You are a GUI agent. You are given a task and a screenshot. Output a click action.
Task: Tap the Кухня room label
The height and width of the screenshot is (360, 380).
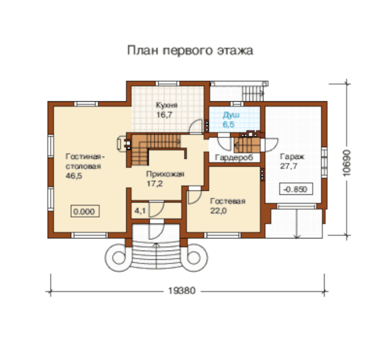pyautogui.click(x=167, y=105)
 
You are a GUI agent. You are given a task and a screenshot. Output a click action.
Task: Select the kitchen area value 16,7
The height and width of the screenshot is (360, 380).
pyautogui.click(x=164, y=115)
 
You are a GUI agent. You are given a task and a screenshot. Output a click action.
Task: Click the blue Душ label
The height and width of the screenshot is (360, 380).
pyautogui.click(x=231, y=115)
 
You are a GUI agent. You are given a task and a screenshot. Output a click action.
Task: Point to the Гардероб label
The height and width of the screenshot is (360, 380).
pyautogui.click(x=234, y=157)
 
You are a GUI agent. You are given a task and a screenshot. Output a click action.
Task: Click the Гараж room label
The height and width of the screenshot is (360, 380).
pyautogui.click(x=292, y=157)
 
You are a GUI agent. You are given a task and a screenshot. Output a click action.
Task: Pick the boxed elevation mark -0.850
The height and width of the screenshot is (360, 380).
pyautogui.click(x=296, y=189)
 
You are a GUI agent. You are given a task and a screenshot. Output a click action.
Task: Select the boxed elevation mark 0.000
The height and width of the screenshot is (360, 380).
pyautogui.click(x=85, y=211)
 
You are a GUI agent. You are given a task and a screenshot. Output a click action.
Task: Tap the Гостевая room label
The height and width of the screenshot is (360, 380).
pyautogui.click(x=227, y=201)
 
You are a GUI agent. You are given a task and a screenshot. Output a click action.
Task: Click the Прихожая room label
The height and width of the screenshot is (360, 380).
pyautogui.click(x=165, y=174)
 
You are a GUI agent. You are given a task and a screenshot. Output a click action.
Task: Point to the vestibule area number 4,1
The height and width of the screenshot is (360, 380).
pyautogui.click(x=140, y=211)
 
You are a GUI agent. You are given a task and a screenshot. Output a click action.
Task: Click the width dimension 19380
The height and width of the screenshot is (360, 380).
pyautogui.click(x=182, y=290)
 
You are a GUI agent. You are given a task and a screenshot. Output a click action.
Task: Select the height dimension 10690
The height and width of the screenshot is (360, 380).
pyautogui.click(x=347, y=163)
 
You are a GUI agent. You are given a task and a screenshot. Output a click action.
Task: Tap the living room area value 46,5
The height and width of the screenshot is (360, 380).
pyautogui.click(x=74, y=176)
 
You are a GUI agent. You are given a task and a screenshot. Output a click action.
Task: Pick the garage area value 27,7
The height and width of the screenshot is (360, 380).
pyautogui.click(x=289, y=166)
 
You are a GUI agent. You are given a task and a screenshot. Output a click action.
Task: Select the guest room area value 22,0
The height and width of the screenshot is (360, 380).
pyautogui.click(x=218, y=211)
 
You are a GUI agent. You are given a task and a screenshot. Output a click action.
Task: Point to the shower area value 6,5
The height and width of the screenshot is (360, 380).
pyautogui.click(x=229, y=125)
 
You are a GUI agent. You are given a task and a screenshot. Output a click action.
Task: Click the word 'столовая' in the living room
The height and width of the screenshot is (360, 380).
pyautogui.click(x=83, y=166)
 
